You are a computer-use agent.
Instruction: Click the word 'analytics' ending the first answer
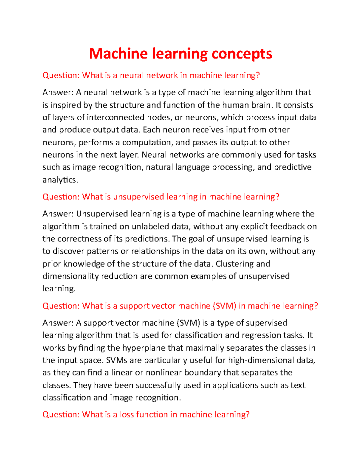(x=60, y=180)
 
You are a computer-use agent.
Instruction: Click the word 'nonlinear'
(x=164, y=373)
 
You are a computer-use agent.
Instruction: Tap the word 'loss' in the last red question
(x=127, y=414)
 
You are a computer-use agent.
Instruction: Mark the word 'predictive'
(x=292, y=167)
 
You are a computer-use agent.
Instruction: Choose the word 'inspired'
(x=63, y=105)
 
